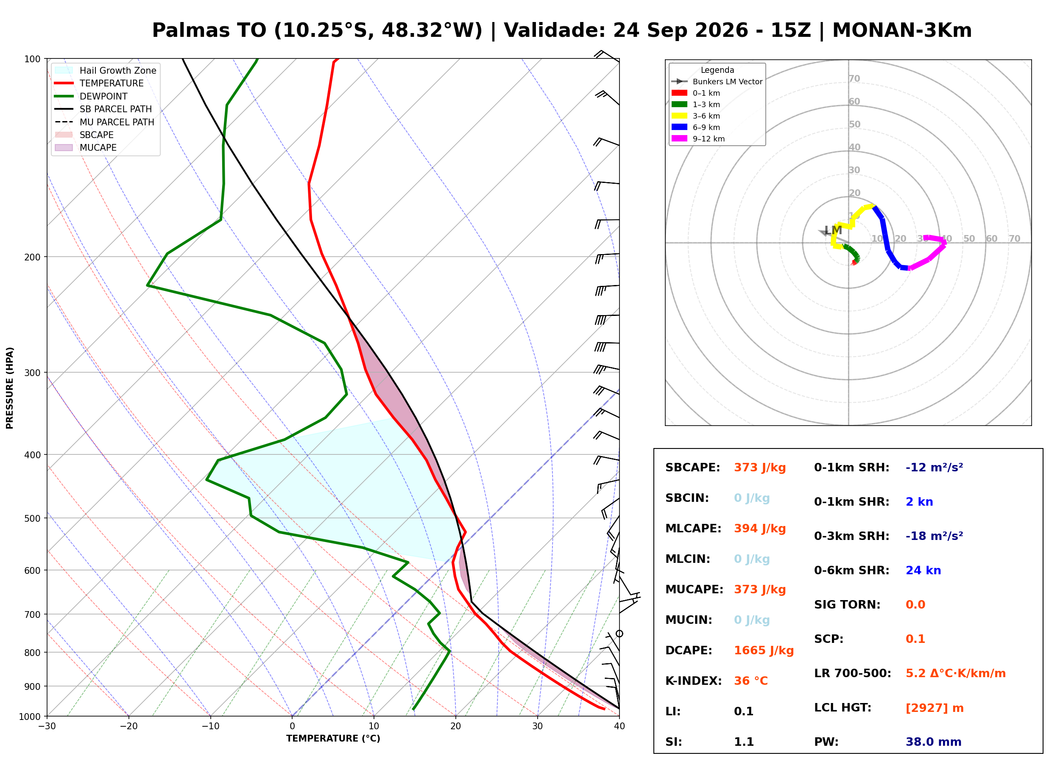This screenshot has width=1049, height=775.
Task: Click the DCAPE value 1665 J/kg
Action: pyautogui.click(x=764, y=650)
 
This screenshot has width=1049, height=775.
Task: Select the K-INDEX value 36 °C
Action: pyautogui.click(x=751, y=681)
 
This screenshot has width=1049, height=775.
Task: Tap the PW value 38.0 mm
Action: pyautogui.click(x=934, y=742)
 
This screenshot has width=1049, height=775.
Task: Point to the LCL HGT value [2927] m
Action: pyautogui.click(x=935, y=708)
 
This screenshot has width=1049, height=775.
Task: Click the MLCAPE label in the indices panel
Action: pyautogui.click(x=693, y=529)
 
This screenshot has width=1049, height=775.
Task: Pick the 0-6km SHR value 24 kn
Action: pyautogui.click(x=923, y=570)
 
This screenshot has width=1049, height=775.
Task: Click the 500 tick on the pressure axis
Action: pyautogui.click(x=32, y=518)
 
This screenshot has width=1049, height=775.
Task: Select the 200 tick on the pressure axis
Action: pyautogui.click(x=32, y=257)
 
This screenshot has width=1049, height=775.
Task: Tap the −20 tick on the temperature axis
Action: pyautogui.click(x=128, y=727)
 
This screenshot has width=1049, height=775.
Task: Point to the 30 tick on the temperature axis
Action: pyautogui.click(x=537, y=727)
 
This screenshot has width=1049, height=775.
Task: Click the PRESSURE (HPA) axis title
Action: pyautogui.click(x=10, y=388)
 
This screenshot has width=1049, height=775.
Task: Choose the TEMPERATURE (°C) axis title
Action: pyautogui.click(x=333, y=739)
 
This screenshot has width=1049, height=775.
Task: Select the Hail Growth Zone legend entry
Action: pyautogui.click(x=106, y=70)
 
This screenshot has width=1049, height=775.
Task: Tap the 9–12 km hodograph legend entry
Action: pyautogui.click(x=698, y=139)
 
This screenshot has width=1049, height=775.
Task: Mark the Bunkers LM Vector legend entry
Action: pyautogui.click(x=717, y=82)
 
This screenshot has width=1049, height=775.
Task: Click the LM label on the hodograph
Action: pyautogui.click(x=834, y=230)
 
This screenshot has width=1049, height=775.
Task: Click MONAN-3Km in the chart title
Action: pyautogui.click(x=902, y=30)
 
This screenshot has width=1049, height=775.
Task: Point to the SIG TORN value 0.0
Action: pyautogui.click(x=915, y=605)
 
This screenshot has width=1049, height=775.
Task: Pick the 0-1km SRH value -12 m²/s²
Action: pyautogui.click(x=934, y=468)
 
